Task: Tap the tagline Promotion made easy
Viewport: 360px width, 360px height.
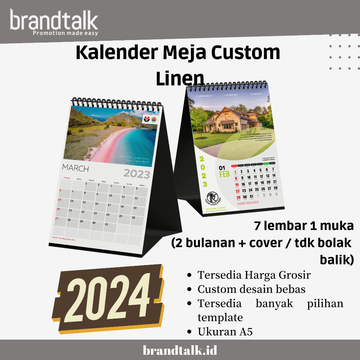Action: [65, 33]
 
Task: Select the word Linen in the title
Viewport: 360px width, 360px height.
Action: [180, 79]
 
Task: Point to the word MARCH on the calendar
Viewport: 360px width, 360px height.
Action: [76, 168]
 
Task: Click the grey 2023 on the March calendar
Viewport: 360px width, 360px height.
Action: [137, 174]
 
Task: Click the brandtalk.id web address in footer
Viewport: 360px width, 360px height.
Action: [180, 350]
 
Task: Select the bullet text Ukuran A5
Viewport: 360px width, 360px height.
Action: [225, 332]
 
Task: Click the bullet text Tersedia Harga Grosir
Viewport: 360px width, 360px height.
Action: [254, 275]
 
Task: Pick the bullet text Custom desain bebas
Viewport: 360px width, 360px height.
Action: [251, 289]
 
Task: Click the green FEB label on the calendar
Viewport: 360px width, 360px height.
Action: [224, 174]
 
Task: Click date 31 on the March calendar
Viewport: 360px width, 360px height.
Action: [107, 224]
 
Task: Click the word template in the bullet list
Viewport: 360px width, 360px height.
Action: [220, 317]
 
